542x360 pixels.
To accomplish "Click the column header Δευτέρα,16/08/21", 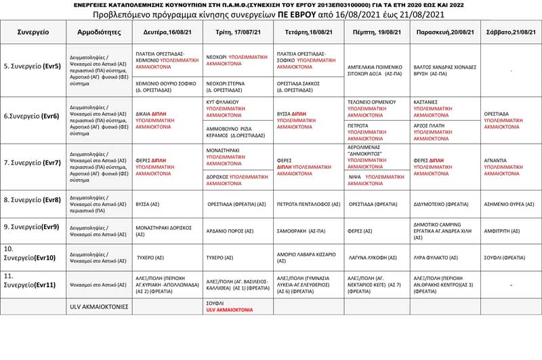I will coord(168,32).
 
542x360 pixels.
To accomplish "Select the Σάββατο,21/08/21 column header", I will coord(509,32).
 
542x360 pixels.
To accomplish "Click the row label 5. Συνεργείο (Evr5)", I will coord(33,66).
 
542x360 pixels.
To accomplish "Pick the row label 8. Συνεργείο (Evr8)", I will coord(33,200).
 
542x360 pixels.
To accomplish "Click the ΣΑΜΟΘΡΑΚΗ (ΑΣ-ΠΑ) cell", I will coord(300,231).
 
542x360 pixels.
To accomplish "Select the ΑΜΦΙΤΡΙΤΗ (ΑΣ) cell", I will coord(502,231).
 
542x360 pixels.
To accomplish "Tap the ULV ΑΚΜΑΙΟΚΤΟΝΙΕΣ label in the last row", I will coord(99,306).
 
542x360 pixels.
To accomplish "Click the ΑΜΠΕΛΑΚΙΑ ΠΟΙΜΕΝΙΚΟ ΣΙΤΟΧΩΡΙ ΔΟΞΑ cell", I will coord(376,71).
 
